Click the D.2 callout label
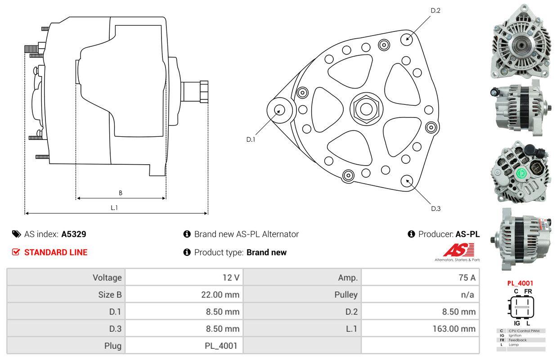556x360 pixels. click(x=435, y=10)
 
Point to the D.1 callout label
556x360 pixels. click(x=251, y=139)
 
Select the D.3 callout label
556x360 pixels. click(x=436, y=208)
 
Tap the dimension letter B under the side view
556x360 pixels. click(x=121, y=193)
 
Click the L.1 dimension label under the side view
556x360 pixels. click(x=114, y=207)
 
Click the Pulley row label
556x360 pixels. click(x=346, y=295)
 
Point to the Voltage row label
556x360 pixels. click(x=107, y=278)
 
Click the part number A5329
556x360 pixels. click(x=74, y=234)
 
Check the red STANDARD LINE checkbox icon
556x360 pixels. click(x=16, y=252)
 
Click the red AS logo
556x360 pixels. click(x=459, y=250)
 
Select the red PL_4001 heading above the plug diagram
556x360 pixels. click(x=520, y=283)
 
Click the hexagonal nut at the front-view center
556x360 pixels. click(x=366, y=109)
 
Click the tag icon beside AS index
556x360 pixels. click(x=16, y=234)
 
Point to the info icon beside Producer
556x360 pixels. click(x=411, y=234)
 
